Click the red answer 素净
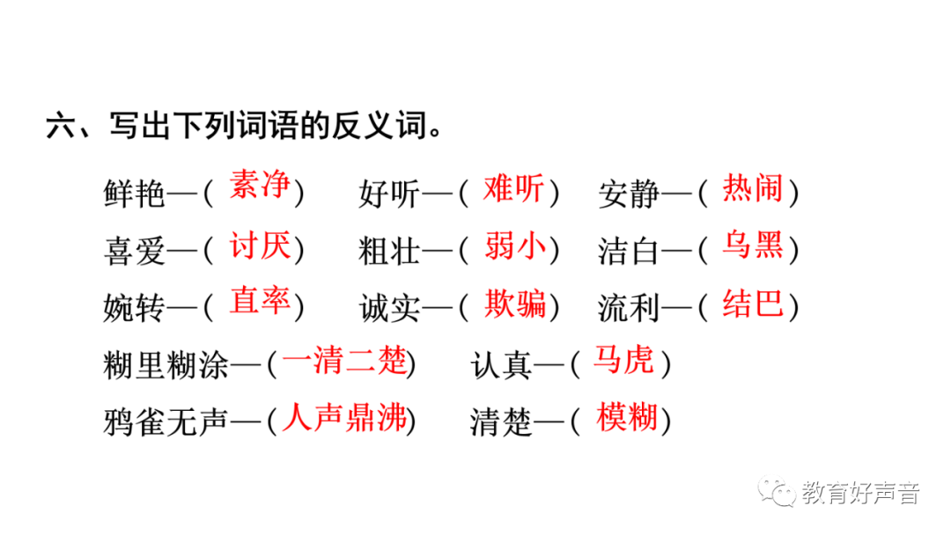(259, 187)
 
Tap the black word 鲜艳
(134, 194)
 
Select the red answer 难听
(513, 188)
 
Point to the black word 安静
(629, 194)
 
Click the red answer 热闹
(753, 188)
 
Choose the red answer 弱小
(513, 246)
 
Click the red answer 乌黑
(753, 246)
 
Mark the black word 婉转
(134, 308)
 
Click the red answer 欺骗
(513, 304)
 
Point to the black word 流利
(629, 308)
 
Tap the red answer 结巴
(753, 304)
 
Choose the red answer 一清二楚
(345, 361)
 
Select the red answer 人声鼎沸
(345, 418)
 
